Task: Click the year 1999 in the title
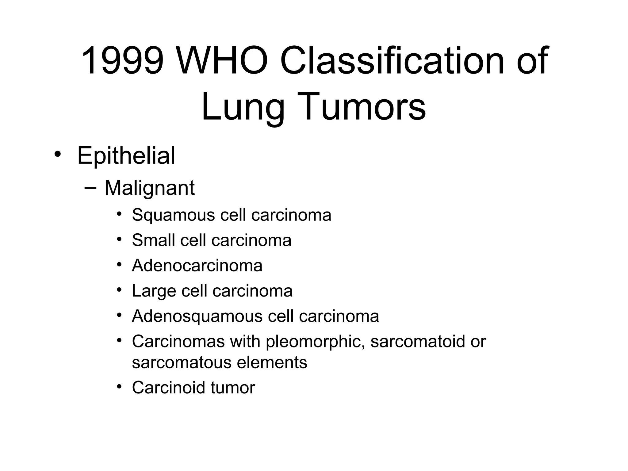tap(122, 60)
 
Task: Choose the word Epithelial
tap(126, 155)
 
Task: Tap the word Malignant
tap(149, 188)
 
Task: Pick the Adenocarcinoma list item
tap(197, 265)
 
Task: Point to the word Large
tap(154, 291)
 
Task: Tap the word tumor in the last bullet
tap(233, 388)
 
